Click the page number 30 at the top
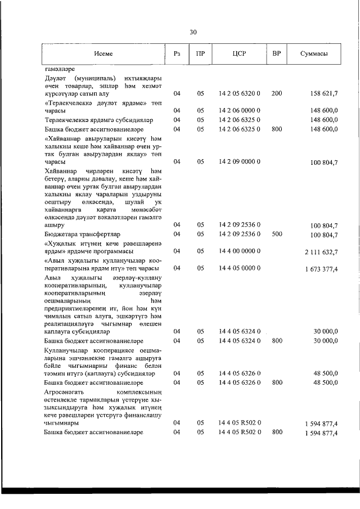193,32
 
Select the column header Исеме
103,53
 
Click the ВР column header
276,53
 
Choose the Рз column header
177,53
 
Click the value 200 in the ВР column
276,93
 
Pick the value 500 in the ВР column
276,233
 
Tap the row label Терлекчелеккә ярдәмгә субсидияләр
97,120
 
